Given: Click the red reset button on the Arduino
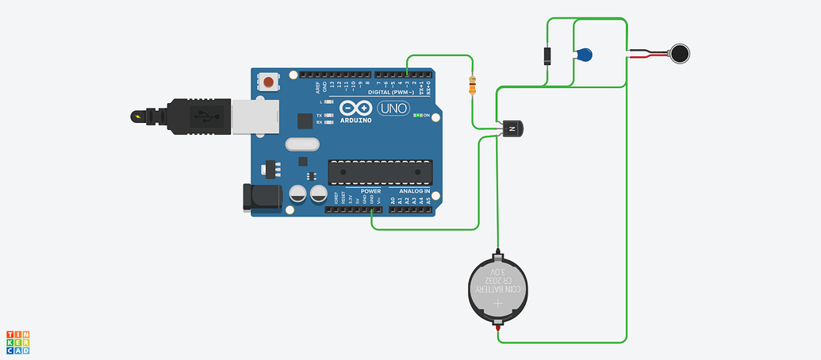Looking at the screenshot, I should [x=270, y=82].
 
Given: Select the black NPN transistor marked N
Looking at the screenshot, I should [x=512, y=128].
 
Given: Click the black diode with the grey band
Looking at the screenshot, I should [x=547, y=56].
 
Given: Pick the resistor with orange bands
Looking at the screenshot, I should [x=474, y=85].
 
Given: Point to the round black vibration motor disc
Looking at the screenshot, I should [x=680, y=54].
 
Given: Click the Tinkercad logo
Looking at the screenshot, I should [x=18, y=342].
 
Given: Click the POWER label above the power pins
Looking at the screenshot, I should [x=370, y=191].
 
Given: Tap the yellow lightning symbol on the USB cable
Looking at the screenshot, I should [x=140, y=117].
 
